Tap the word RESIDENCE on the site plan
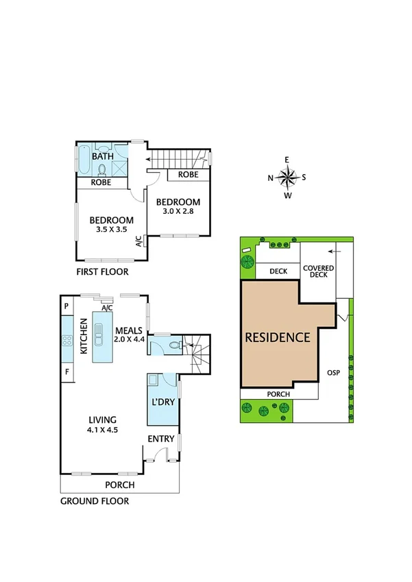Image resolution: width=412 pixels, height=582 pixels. coord(278,337)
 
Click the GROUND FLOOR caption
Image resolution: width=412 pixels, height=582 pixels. coord(95,501)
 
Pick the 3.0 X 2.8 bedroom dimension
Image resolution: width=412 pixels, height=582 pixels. coord(178,212)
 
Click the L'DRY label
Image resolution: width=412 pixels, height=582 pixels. coord(164,402)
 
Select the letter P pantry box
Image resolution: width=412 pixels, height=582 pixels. coord(67,306)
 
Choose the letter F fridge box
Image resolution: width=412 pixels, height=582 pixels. coord(67,372)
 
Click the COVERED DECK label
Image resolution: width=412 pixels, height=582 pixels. coord(318,271)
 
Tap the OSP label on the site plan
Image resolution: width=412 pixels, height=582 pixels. coord(333,373)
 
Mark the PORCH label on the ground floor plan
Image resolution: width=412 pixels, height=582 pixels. coord(119,485)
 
